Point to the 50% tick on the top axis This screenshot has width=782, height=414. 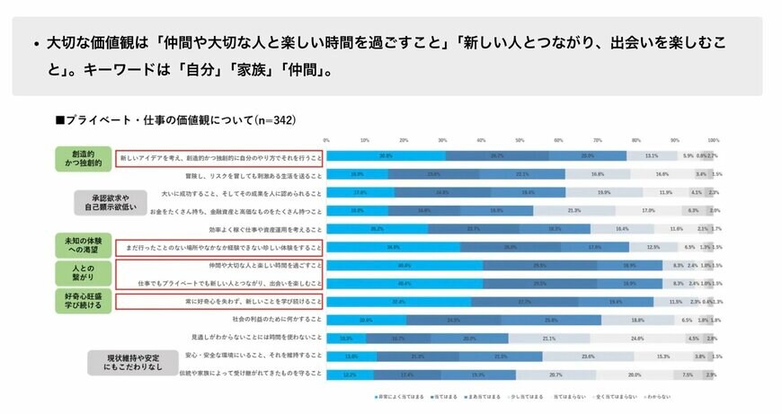(520, 140)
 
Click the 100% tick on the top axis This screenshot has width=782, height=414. (713, 140)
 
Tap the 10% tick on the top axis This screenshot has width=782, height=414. (365, 140)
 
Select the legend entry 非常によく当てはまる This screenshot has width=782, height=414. (396, 396)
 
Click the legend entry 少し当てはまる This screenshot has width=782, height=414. (528, 396)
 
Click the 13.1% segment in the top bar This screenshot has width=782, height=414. (652, 155)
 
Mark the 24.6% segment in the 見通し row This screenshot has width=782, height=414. (637, 338)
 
